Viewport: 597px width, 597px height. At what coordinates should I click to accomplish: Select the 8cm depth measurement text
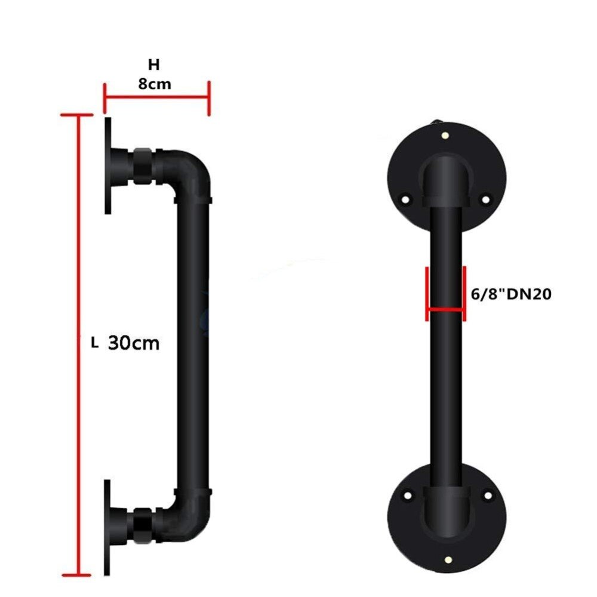155,84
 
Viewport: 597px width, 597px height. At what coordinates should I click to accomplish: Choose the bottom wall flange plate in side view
107,525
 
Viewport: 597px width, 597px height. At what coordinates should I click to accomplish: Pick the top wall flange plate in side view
107,164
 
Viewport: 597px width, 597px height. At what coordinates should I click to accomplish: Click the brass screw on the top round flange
446,136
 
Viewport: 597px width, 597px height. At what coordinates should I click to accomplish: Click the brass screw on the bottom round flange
446,559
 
